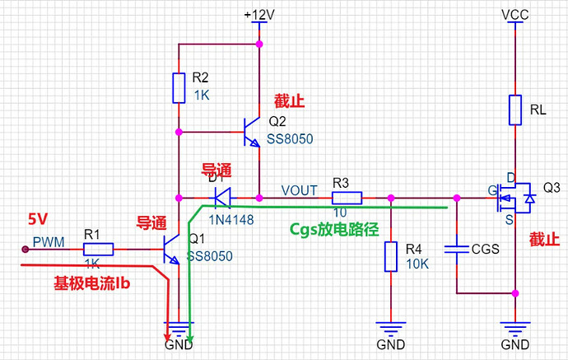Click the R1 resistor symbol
96,248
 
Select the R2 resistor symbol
179,88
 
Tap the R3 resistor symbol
347,198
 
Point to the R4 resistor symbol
390,256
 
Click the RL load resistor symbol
515,110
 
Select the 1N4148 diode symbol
221,198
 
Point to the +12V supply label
259,16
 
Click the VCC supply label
515,15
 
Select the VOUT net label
300,190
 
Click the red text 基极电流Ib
87,282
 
